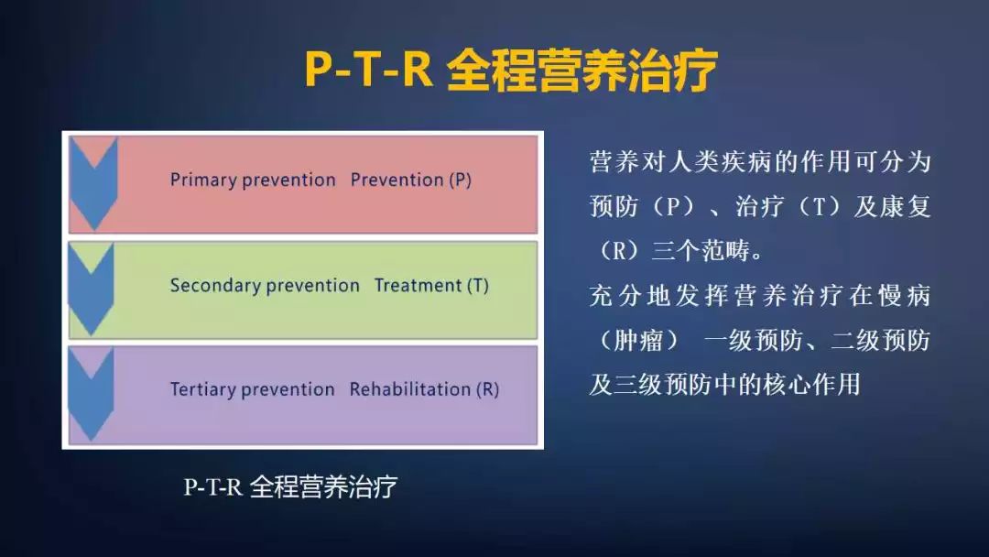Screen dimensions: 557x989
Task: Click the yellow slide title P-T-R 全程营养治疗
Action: [510, 70]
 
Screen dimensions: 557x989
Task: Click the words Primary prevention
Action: [253, 180]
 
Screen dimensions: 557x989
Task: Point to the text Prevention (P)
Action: [411, 180]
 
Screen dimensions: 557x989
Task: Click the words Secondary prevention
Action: [265, 286]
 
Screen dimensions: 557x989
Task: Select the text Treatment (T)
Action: [431, 286]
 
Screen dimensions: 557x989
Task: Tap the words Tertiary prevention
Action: [252, 389]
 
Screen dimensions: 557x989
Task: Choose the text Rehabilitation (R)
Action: [424, 389]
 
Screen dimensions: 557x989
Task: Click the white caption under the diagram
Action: [290, 486]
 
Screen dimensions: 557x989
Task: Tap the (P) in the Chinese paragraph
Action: [673, 207]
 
